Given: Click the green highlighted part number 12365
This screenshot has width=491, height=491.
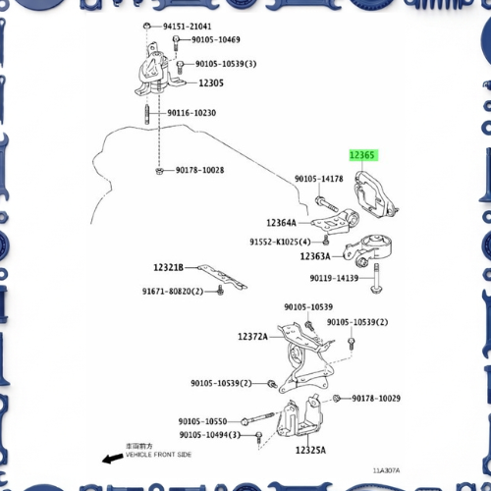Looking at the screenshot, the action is click(363, 155).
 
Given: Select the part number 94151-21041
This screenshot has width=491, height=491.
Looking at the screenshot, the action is click(188, 27).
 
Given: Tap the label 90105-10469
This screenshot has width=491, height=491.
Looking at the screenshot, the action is click(216, 39).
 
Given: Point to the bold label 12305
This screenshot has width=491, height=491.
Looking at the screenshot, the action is click(211, 82).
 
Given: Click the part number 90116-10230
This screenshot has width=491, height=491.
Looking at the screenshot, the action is click(191, 113).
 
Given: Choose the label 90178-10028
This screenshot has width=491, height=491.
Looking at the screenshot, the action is click(199, 170).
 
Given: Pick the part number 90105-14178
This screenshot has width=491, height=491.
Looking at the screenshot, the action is click(319, 179).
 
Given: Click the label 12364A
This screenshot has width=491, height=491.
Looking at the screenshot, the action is click(281, 223).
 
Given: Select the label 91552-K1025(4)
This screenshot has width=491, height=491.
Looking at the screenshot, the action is click(280, 242).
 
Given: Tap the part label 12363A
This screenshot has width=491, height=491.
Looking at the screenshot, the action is click(315, 256).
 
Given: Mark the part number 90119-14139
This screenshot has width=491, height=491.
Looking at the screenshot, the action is click(334, 278).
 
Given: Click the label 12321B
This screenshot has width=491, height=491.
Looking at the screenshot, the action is click(169, 267).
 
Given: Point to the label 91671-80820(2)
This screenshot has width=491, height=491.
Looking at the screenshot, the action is click(173, 291).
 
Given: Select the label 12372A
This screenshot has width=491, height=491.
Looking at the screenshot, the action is click(252, 336).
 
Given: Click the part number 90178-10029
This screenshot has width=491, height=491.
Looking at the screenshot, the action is click(376, 398).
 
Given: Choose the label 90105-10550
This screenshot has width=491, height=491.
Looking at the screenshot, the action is click(202, 421).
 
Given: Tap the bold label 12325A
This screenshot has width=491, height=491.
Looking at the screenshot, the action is click(310, 450).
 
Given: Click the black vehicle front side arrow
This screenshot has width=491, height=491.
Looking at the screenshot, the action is click(113, 459).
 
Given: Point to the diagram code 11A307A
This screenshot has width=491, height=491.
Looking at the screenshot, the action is click(386, 470).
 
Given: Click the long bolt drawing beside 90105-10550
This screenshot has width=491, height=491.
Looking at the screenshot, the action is click(257, 418).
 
